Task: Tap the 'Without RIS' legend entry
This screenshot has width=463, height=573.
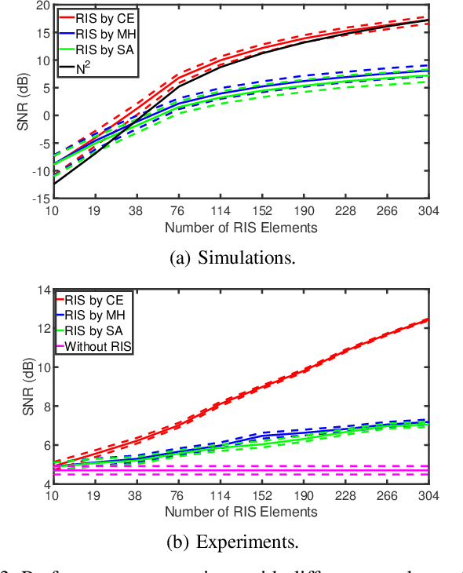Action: tap(99, 346)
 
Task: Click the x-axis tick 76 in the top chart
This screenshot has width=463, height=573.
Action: tap(179, 210)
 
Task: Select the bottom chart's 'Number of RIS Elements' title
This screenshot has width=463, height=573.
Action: tap(241, 512)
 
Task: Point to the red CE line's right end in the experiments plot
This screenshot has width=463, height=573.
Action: tap(428, 319)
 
